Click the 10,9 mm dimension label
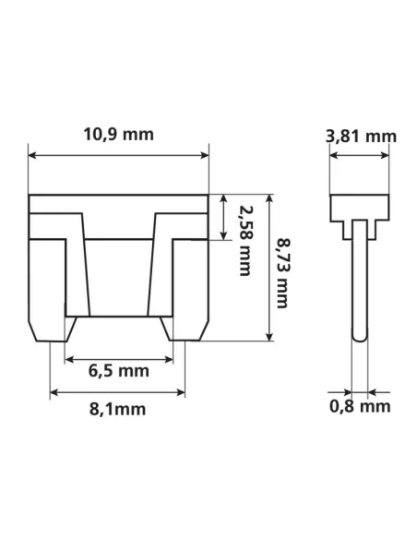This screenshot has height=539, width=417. coord(120,134)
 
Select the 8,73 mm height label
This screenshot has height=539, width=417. coord(283,268)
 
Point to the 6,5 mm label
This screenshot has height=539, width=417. coord(119,373)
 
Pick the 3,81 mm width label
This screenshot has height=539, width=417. coord(361,137)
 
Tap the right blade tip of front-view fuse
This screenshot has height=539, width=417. coord(186,329)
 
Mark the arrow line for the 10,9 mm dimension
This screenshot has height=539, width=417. coord(120,156)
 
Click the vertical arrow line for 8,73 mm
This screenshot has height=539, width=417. coord(268,268)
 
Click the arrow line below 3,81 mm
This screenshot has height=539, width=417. coord(361,156)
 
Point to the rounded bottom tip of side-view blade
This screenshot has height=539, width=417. coord(361,338)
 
